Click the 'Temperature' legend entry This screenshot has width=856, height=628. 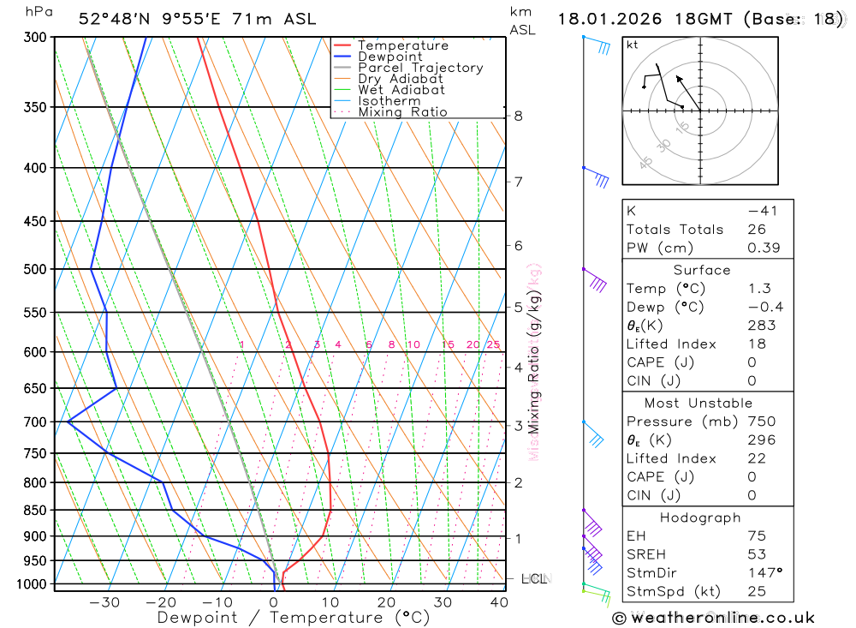tap(402, 45)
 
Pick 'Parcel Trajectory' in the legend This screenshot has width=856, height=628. tap(419, 68)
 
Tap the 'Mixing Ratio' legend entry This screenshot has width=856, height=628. tap(402, 112)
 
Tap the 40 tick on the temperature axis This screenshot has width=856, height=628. tap(499, 602)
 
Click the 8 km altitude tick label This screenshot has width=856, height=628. tap(518, 116)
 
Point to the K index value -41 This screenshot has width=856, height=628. tap(762, 211)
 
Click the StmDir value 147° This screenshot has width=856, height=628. tap(764, 573)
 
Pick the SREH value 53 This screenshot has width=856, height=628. tap(757, 554)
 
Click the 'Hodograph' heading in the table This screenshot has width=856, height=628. tap(701, 517)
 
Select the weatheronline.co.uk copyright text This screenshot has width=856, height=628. tap(714, 618)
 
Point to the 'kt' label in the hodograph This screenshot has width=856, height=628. tap(632, 45)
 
